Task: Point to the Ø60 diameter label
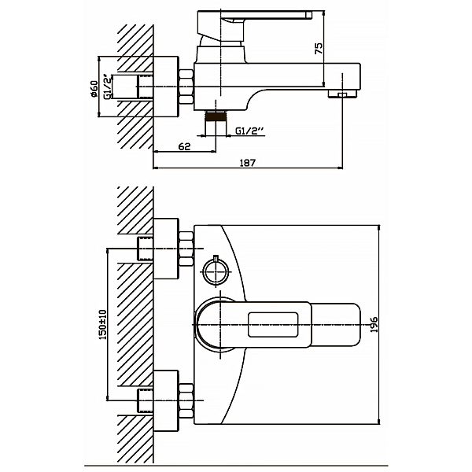click(93, 87)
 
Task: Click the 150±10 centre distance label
click(101, 324)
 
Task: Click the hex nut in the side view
click(186, 87)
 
